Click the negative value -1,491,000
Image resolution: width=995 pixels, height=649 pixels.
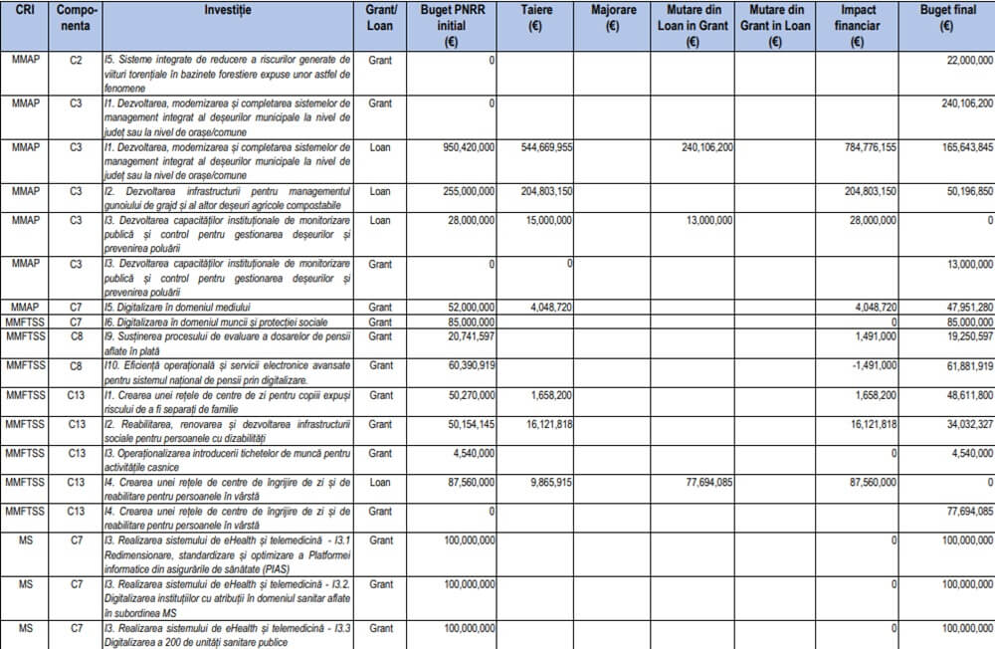(875, 365)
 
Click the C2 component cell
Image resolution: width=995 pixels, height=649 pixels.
(76, 61)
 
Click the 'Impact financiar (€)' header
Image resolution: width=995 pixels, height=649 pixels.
(857, 25)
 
